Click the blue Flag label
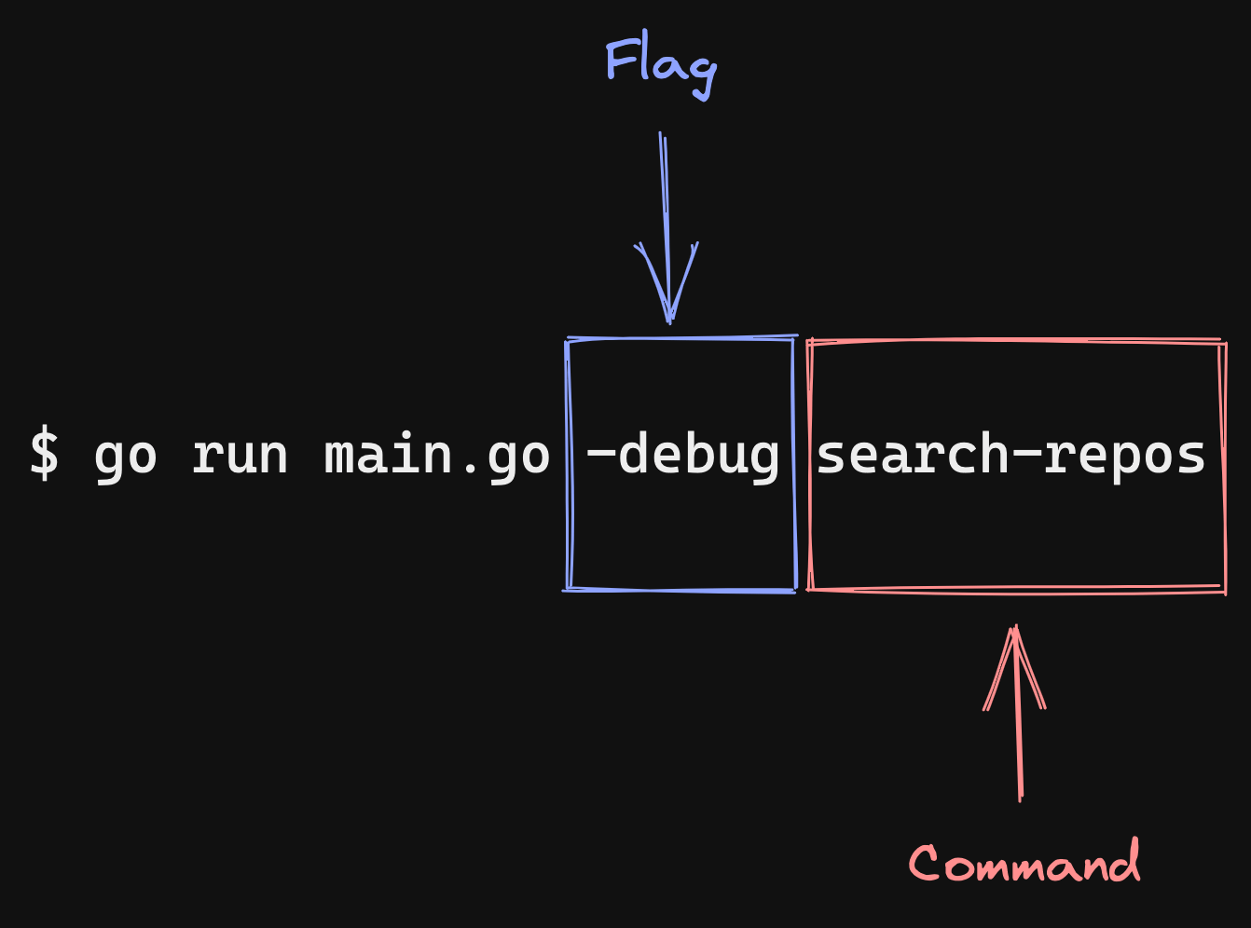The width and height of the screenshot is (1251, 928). [661, 65]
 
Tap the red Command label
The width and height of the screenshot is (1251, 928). [1024, 863]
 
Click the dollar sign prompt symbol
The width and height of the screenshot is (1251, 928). [44, 454]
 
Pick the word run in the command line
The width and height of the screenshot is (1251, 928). [240, 457]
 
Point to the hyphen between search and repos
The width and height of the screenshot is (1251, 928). [1026, 456]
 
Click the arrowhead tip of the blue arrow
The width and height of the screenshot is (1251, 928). [669, 321]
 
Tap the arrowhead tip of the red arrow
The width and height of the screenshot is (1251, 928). [1015, 627]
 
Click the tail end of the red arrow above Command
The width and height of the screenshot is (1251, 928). [1021, 798]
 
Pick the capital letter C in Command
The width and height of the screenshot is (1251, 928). [925, 863]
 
